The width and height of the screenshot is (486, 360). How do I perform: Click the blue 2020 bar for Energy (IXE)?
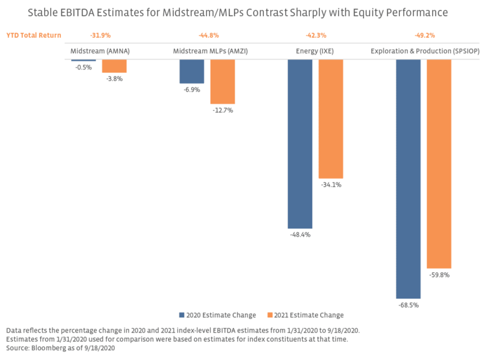(299, 143)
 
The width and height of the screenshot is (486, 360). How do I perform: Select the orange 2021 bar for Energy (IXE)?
(330, 119)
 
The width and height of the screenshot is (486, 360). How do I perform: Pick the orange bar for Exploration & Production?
(439, 164)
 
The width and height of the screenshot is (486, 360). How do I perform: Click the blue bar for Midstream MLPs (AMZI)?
(191, 71)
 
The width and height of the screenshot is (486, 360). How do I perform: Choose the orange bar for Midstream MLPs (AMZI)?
(222, 82)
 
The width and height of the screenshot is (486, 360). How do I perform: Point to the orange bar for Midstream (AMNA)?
(114, 66)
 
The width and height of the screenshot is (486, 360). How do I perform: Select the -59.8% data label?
(439, 275)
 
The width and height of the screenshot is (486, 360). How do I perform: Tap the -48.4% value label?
(299, 234)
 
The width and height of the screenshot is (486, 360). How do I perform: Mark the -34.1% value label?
(330, 185)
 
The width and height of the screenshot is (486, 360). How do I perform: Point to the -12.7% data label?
(222, 110)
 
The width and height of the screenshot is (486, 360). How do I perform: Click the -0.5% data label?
(84, 67)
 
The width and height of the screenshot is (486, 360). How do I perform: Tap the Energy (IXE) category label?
(314, 50)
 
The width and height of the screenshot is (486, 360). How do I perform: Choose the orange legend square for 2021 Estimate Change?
(270, 315)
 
